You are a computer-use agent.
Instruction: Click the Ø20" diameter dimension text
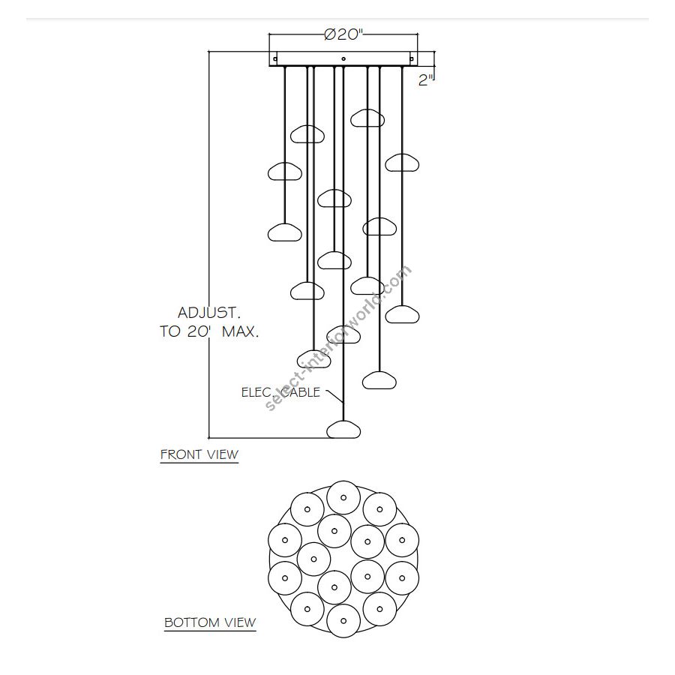click(x=344, y=34)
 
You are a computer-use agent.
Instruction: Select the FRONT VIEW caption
click(x=199, y=454)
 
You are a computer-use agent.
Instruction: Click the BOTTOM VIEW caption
click(x=210, y=622)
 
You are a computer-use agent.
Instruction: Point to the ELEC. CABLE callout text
click(x=280, y=392)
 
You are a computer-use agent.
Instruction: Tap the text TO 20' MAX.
click(x=209, y=331)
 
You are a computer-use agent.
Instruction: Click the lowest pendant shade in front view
click(x=343, y=430)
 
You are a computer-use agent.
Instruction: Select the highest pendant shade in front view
click(x=367, y=118)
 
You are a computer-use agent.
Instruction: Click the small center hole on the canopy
click(x=343, y=58)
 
